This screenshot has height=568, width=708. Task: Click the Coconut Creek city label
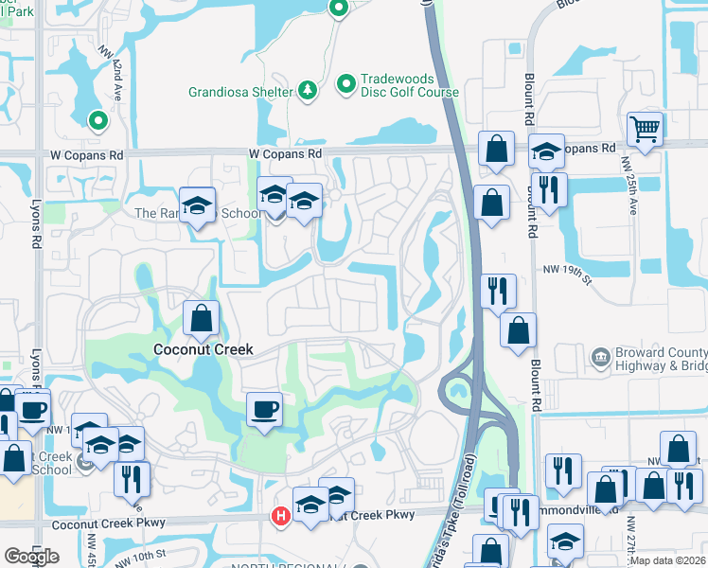204,349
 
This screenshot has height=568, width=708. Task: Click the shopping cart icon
645,129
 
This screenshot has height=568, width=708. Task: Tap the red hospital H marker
280,516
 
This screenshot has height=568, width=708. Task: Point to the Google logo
31,557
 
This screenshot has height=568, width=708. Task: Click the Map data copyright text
667,560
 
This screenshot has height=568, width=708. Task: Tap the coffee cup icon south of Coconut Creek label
264,410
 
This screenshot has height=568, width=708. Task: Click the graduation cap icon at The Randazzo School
198,205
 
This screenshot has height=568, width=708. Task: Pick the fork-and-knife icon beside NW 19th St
498,290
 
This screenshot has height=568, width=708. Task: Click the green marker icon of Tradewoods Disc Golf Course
345,84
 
